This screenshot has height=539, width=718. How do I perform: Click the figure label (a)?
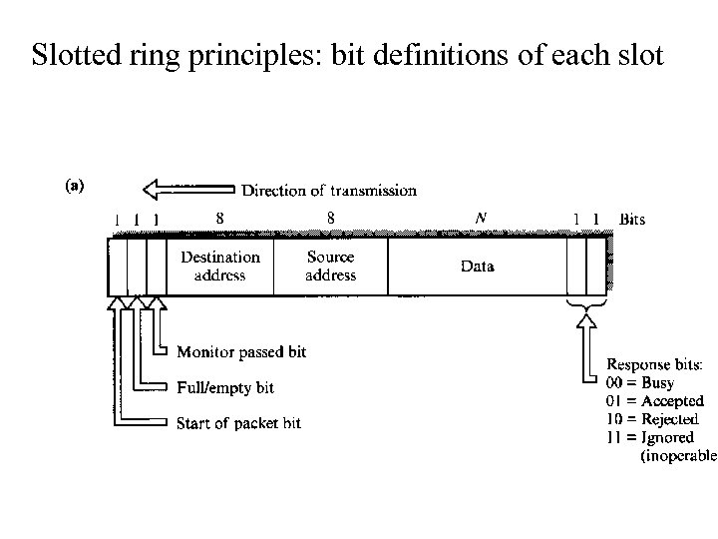[75, 184]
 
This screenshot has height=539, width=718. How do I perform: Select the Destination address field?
[219, 266]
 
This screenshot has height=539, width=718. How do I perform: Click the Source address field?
[330, 266]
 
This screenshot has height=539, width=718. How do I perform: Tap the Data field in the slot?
[477, 267]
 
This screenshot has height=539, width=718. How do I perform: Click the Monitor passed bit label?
[241, 352]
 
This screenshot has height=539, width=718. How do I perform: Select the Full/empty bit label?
[224, 387]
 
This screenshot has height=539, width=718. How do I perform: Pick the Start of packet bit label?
[238, 423]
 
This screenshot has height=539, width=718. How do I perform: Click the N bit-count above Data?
[482, 217]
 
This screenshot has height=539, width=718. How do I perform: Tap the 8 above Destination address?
[219, 217]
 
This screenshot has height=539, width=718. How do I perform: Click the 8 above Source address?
[331, 217]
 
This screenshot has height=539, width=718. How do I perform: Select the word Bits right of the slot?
[631, 219]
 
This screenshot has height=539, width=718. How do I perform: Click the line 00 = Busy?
[640, 382]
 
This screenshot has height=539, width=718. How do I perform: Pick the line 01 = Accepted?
[654, 400]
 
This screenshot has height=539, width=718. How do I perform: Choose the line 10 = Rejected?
[652, 418]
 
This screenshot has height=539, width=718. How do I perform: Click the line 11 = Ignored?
[649, 437]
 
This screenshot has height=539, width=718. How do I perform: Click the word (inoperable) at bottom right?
[678, 455]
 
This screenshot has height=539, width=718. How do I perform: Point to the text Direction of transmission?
[329, 190]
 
